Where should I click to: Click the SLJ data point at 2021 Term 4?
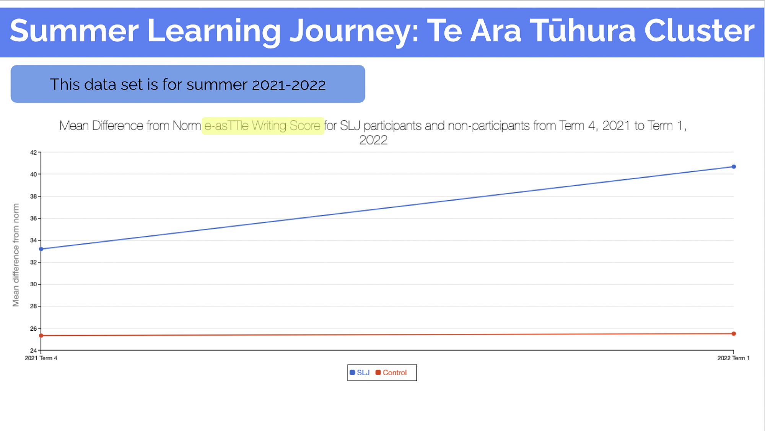41,249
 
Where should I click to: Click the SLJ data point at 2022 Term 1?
734,167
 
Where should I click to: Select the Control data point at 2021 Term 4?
41,336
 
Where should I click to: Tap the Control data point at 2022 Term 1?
734,334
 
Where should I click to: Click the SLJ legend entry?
360,372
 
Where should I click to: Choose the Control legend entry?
391,372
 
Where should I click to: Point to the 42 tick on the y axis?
34,152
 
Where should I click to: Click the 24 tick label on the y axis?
34,350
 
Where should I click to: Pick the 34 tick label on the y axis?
34,240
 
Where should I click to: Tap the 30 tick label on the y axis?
34,284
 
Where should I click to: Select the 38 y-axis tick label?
34,196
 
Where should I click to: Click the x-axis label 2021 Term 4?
41,358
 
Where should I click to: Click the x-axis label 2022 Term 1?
733,358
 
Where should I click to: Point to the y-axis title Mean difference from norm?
16,255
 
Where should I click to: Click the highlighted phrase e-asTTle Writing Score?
262,126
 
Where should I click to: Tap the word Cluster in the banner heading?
700,31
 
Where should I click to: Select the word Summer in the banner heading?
74,31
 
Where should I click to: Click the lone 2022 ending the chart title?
373,140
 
